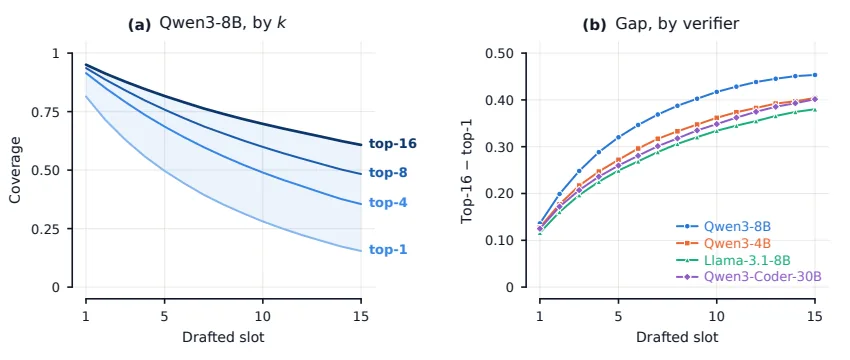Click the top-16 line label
[392, 144]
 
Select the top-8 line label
[388, 173]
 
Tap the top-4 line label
[388, 202]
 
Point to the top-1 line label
[388, 249]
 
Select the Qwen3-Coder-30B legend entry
[749, 277]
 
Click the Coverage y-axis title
[15, 170]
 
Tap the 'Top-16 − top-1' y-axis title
[468, 170]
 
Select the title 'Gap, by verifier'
[678, 24]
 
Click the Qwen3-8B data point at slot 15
[815, 75]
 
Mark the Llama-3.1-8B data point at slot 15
[815, 109]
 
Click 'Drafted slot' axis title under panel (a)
[223, 337]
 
